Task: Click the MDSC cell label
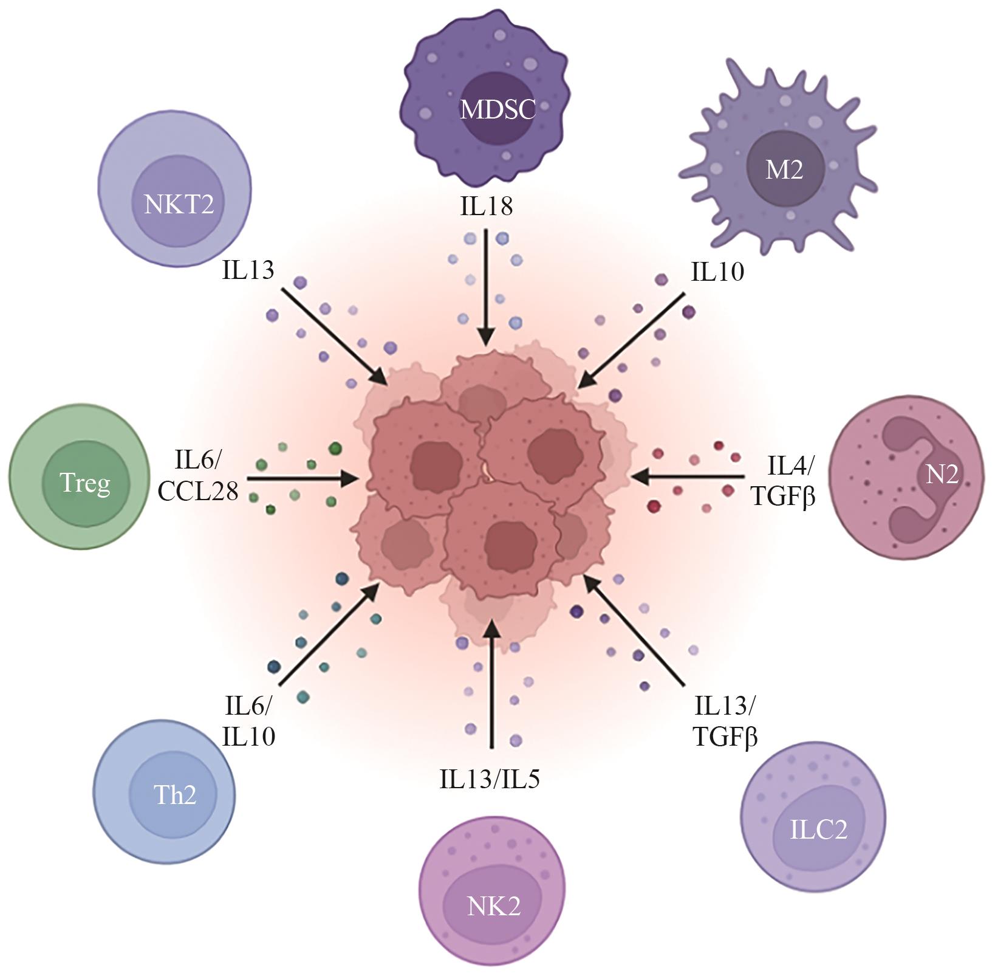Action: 497,109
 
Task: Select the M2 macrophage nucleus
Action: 784,170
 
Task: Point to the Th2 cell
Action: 164,791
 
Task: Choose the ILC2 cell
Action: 813,826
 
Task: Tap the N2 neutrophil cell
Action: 906,475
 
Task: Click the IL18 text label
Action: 486,207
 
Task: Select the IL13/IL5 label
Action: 490,778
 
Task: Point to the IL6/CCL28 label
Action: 198,476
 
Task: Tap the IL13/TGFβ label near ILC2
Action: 725,722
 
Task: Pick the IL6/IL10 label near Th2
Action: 249,722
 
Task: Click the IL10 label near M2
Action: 717,272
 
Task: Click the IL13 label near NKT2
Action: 248,270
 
